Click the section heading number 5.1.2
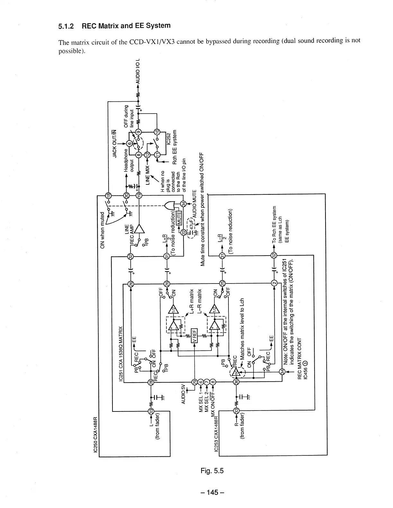(x=66, y=27)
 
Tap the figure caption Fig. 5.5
(x=212, y=470)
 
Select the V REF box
(x=194, y=335)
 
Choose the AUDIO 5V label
(x=183, y=394)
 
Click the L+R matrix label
(x=192, y=301)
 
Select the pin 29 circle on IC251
(x=194, y=382)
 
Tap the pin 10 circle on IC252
(x=157, y=132)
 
